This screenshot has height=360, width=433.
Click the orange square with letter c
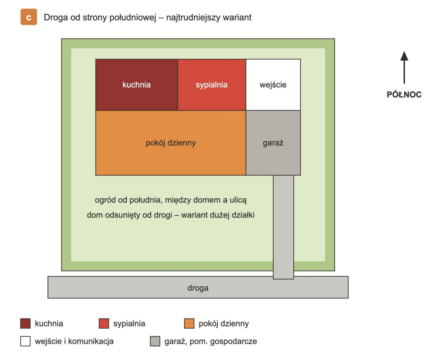pos(29,17)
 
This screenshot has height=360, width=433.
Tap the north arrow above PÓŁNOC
pos(404,67)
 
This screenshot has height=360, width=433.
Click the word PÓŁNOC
pos(404,95)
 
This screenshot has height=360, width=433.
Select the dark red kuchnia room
pos(137,84)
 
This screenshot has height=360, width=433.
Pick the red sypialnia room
pos(212,84)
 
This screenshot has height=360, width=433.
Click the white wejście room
pos(273,84)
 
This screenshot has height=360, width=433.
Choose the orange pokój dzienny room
pos(171,142)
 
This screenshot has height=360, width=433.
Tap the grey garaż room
pos(273,142)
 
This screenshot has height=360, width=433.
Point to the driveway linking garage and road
pos(283,227)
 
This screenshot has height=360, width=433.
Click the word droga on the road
pos(198,288)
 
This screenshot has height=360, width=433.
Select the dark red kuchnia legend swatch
pos(25,323)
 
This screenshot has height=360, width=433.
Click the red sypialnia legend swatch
pos(104,323)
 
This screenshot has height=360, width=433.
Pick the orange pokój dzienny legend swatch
pos(189,323)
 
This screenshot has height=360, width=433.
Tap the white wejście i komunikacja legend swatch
pos(25,341)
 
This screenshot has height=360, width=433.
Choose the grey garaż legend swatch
pos(155,341)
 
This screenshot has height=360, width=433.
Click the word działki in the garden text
pos(243,215)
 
